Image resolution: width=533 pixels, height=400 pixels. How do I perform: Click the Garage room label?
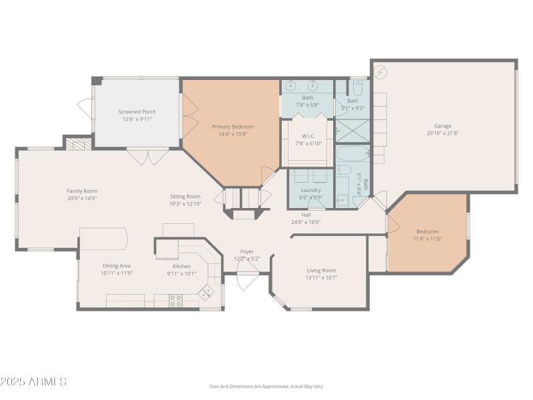coord(443,125)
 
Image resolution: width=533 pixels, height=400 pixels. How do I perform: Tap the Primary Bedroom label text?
coord(233,127)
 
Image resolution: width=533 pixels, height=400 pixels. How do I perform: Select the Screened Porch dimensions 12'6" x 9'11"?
coord(137,119)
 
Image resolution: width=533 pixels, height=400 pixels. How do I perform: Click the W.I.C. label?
coord(308,136)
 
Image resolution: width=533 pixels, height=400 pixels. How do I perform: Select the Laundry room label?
coord(310,190)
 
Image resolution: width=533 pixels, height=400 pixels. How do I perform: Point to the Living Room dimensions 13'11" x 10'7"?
coord(321,277)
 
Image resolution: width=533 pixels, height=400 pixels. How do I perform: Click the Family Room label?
coord(82,191)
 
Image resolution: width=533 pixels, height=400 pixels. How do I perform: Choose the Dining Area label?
coord(117,265)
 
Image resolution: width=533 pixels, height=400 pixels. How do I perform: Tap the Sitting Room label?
coord(185,196)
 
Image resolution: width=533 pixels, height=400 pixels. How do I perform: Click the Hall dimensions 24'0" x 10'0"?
coord(306,222)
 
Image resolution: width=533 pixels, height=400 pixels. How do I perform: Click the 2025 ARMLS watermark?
coord(33,382)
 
